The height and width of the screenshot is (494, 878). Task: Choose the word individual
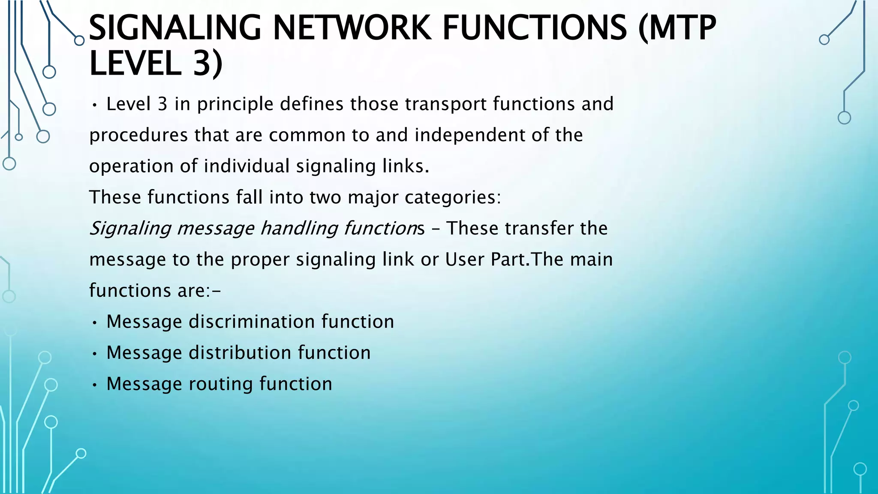tap(247, 166)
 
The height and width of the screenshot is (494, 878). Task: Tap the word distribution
tap(240, 353)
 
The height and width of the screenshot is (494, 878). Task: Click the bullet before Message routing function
tap(95, 385)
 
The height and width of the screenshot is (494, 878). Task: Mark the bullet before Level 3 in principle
tap(95, 105)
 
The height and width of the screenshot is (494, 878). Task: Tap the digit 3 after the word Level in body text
tap(162, 105)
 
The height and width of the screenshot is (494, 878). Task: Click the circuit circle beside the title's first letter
tap(79, 41)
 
